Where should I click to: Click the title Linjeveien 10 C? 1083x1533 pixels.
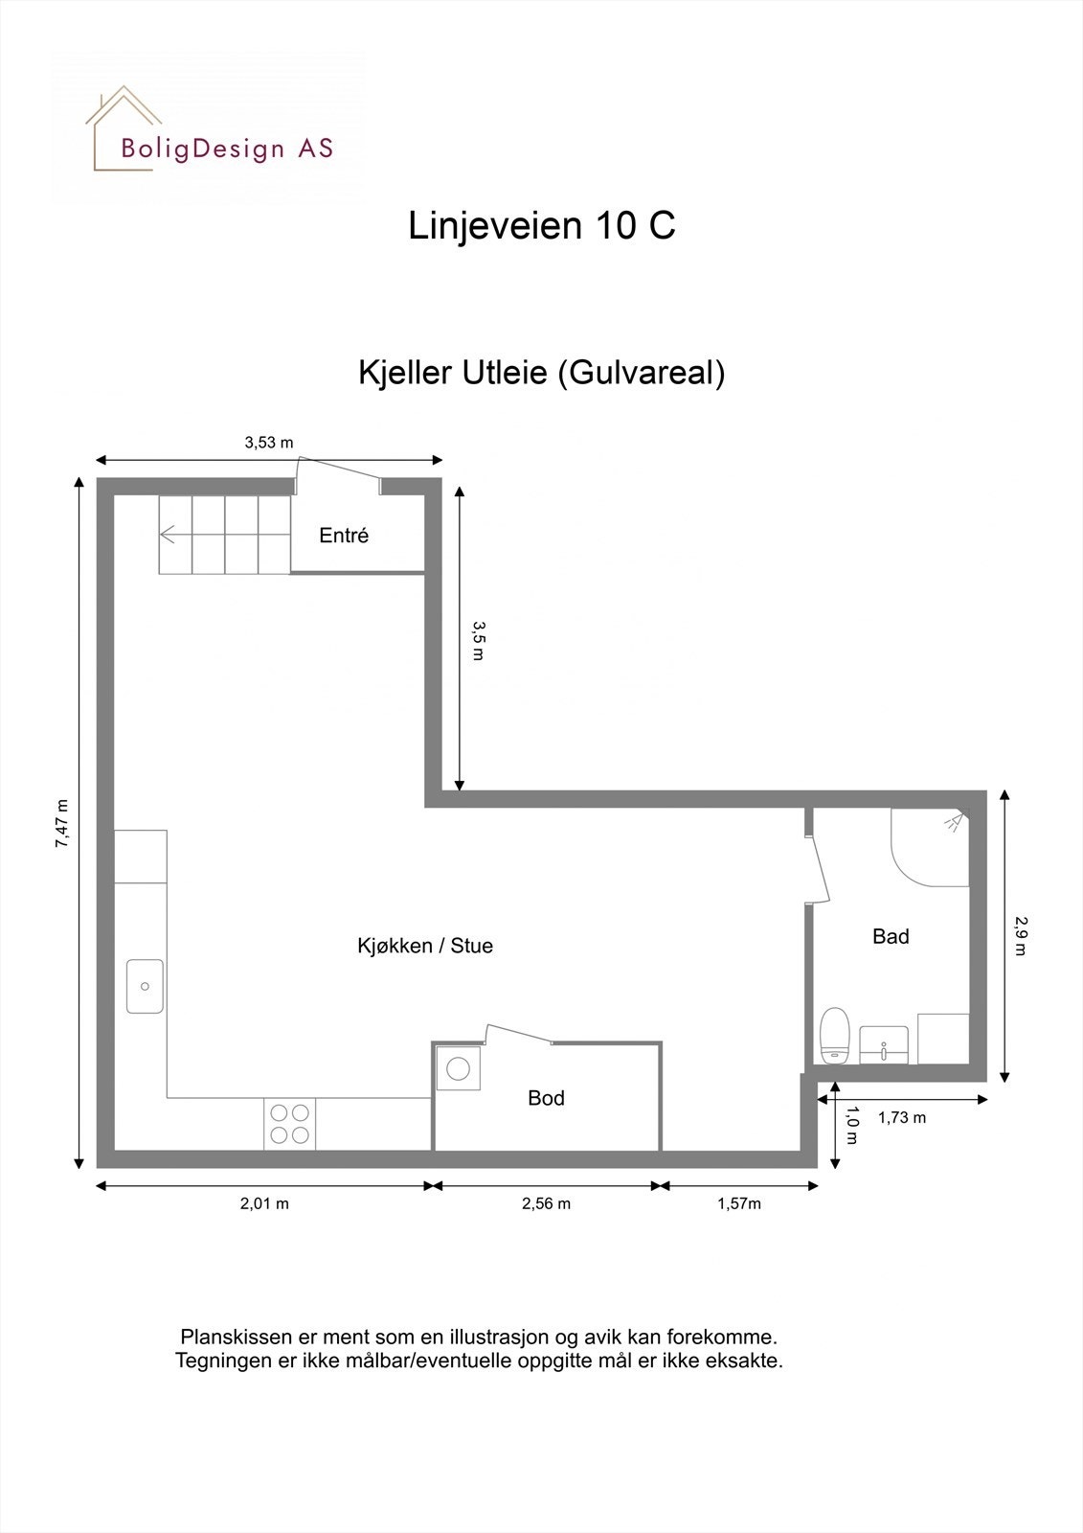coord(542,226)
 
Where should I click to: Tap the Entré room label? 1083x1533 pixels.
coord(344,536)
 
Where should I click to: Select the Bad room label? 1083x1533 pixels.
coord(891,936)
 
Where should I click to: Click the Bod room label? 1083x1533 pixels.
coord(546,1098)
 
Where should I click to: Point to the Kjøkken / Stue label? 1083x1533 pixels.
coord(425,946)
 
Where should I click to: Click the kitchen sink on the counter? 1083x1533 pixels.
coord(145,986)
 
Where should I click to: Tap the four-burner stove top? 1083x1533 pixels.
coord(290,1124)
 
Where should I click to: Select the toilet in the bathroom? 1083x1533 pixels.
coord(836,1035)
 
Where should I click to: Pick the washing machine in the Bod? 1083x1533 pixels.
coord(459,1068)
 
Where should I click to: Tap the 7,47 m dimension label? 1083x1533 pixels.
coord(62,824)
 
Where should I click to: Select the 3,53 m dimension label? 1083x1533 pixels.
coord(269,443)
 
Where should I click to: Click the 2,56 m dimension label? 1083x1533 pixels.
coord(546,1203)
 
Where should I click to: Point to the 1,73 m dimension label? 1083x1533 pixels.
coord(902,1117)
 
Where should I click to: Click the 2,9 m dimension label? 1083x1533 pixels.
coord(1020,936)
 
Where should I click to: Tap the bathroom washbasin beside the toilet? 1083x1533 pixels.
coord(884,1043)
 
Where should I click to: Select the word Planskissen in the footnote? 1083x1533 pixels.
coord(226,1336)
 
